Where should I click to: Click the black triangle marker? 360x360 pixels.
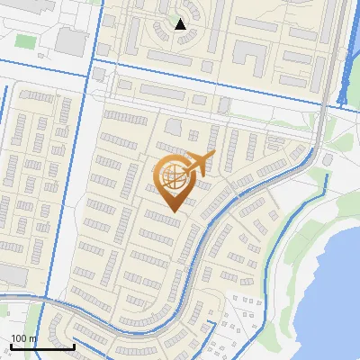pos(181,24)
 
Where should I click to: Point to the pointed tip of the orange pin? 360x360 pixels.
pos(172,212)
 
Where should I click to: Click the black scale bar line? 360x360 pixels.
pos(41,346)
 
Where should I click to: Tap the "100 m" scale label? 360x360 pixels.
pos(23,339)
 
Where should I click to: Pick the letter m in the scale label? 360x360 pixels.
pos(33,339)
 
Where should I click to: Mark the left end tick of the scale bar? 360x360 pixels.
pos(10,345)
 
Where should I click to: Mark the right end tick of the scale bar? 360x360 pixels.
pos(74,345)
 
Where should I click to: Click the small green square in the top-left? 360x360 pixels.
pos(25,42)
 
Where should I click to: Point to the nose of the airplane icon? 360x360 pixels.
pos(214,155)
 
